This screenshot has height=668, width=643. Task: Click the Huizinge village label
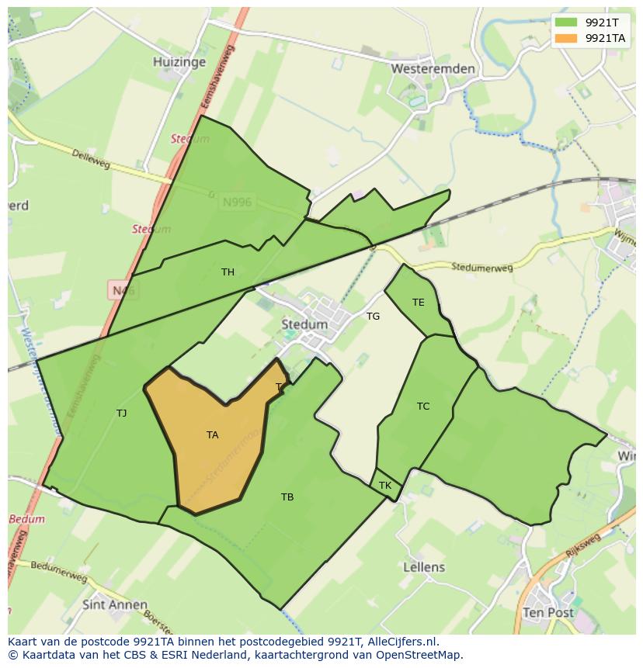(179, 62)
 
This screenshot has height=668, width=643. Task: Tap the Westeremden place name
(433, 68)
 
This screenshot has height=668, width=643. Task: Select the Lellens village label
(424, 567)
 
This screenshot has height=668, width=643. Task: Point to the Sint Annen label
(115, 604)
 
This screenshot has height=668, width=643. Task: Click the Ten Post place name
(548, 612)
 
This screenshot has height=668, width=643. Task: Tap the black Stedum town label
(304, 324)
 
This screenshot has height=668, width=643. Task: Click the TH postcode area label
(228, 272)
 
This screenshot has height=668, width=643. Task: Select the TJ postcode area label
(121, 413)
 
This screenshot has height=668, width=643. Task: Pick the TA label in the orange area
(212, 435)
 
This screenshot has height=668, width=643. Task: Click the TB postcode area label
(287, 497)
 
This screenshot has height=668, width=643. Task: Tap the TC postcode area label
(423, 407)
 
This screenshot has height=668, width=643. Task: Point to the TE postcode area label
(419, 303)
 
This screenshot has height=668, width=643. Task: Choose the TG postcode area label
(374, 316)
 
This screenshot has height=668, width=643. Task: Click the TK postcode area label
(385, 486)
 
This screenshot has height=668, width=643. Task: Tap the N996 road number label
(237, 202)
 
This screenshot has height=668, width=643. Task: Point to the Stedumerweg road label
(482, 268)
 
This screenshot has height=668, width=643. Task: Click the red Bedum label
(27, 519)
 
